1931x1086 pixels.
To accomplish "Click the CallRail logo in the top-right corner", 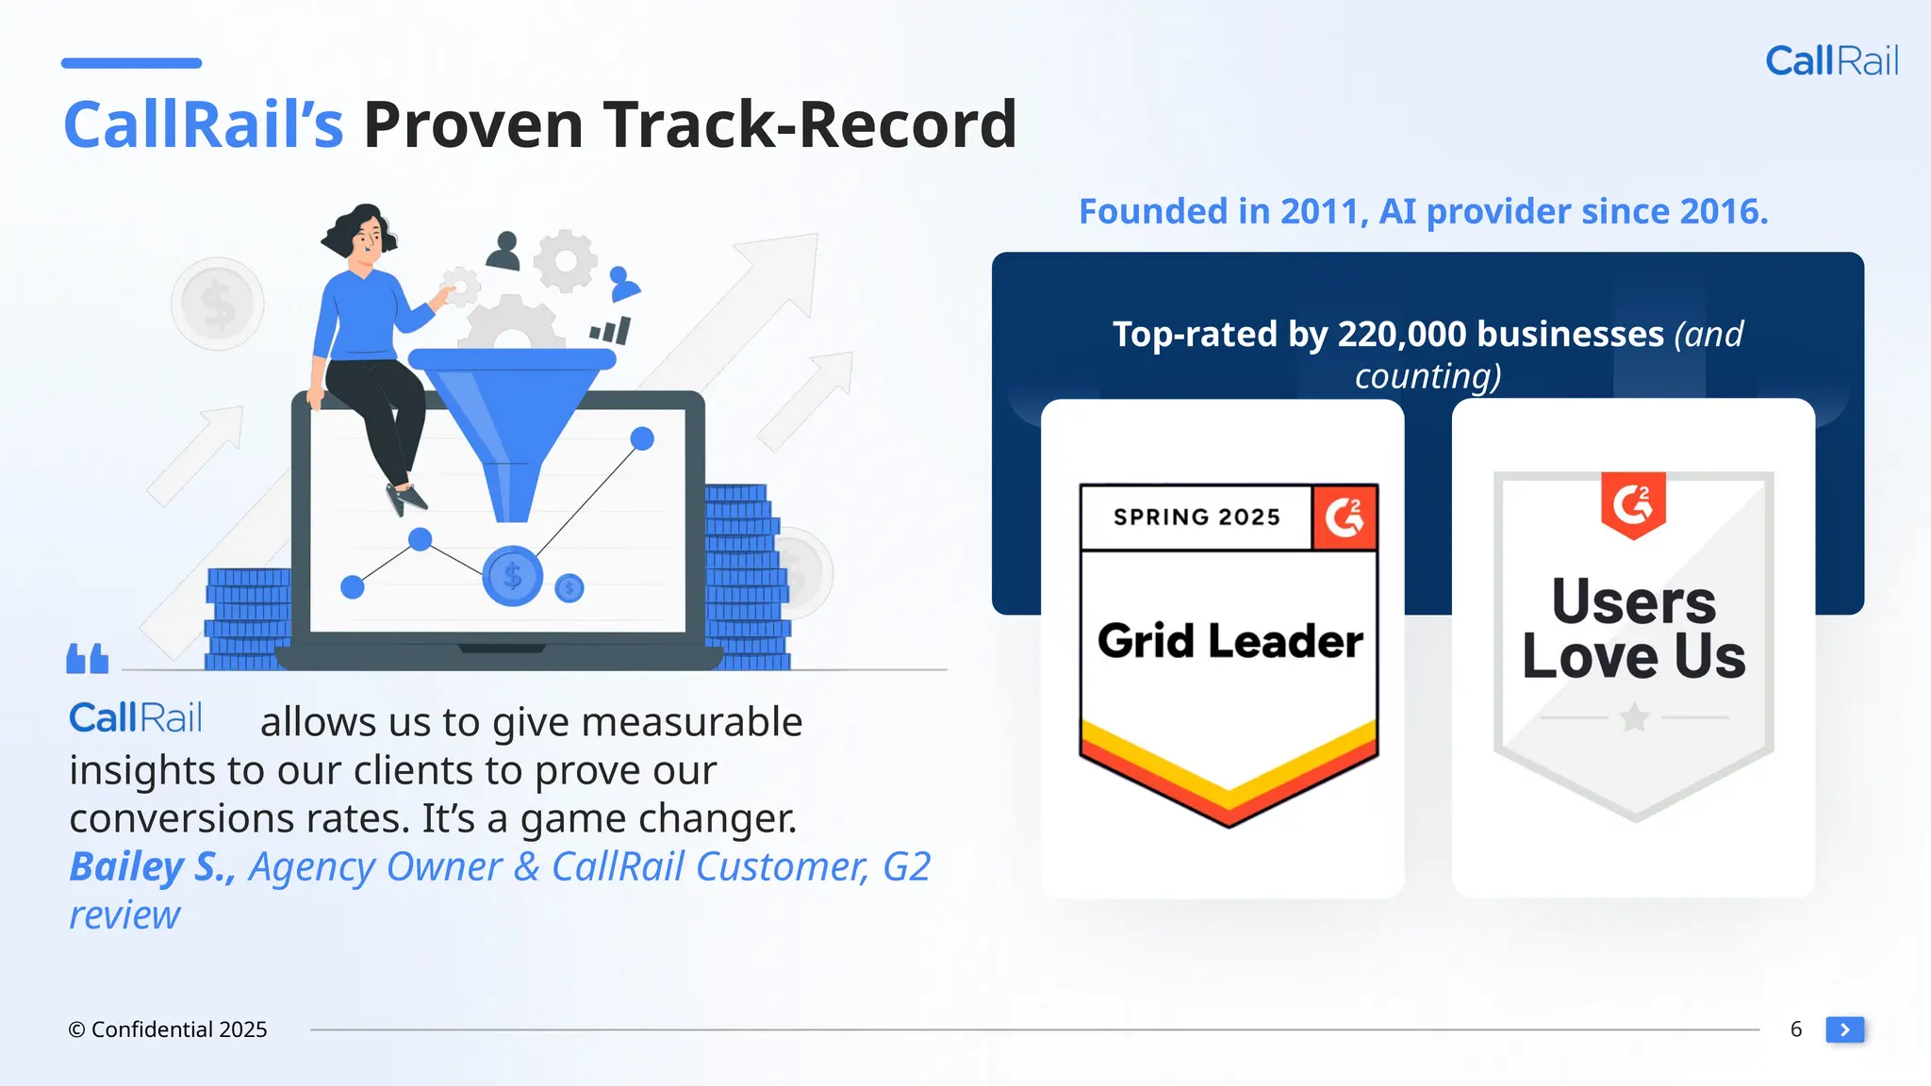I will coord(1831,61).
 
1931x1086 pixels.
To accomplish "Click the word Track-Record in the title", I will coord(810,124).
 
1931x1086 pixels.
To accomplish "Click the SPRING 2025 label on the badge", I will coord(1197,518).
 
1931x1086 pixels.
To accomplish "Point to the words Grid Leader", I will coord(1230,641).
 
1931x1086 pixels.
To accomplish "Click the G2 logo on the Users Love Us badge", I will coord(1633,504).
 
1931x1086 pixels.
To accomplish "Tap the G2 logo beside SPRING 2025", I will coord(1345,518).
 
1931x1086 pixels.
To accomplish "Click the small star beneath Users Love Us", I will coord(1634,718).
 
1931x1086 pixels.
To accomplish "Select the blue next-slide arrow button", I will coord(1844,1029).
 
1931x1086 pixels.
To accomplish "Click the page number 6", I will coord(1796,1029).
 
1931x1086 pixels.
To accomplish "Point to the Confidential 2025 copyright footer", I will coord(168,1029).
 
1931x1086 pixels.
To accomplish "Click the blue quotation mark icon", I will coord(88,659).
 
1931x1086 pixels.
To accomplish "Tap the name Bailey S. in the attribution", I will coord(152,867).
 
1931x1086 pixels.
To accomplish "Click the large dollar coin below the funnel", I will coord(512,575).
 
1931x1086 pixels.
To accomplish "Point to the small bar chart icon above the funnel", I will coord(610,330).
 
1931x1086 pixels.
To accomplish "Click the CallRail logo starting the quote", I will coord(136,718).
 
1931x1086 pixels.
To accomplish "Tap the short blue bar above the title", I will coord(131,63).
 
